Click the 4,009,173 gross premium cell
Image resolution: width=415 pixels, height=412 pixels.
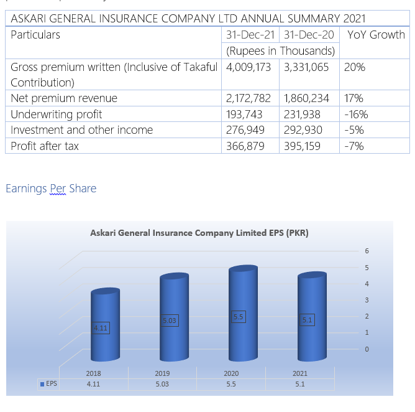tap(249, 67)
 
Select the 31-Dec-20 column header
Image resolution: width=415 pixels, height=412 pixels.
tap(309, 35)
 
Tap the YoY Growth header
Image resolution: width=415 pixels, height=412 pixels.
tap(376, 35)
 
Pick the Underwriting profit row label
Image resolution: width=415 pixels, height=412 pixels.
tap(57, 115)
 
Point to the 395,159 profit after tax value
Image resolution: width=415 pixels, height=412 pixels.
tap(306, 146)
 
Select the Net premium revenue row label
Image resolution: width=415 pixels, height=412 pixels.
tap(64, 98)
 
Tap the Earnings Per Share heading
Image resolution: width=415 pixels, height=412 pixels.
tap(51, 189)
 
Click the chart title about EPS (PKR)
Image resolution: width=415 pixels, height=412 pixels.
tap(199, 233)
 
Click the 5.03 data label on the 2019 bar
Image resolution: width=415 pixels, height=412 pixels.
tap(169, 321)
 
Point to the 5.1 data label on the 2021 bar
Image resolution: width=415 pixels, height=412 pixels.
tap(307, 320)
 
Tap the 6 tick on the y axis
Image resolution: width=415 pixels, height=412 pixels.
tap(367, 251)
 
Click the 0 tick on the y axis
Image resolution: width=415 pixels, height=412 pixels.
tap(367, 349)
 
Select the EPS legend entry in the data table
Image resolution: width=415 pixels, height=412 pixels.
tap(48, 384)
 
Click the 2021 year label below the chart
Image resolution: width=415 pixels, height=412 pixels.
tap(300, 373)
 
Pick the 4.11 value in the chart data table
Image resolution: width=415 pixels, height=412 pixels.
tap(93, 384)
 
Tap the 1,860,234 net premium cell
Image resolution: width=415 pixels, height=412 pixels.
tap(306, 98)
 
